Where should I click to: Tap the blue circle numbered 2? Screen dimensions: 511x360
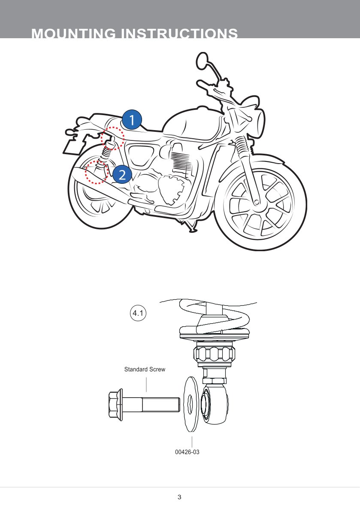[x=122, y=174]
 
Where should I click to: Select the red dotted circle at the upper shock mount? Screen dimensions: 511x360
[x=112, y=138]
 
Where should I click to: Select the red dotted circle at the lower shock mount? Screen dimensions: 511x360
[x=97, y=172]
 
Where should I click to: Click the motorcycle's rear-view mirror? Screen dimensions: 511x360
[x=202, y=60]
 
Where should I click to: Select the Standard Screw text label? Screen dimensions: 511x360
[x=145, y=369]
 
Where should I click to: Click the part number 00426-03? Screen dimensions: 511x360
[x=188, y=452]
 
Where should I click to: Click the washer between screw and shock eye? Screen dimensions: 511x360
[x=190, y=404]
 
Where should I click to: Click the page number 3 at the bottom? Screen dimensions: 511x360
[x=179, y=497]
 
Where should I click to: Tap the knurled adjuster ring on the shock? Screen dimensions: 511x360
[x=215, y=355]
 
